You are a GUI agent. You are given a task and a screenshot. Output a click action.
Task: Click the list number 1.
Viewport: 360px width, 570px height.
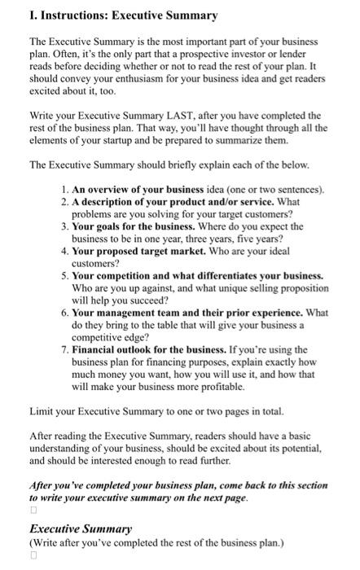(x=64, y=190)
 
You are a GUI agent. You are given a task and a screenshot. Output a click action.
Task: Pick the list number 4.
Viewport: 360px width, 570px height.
(x=64, y=251)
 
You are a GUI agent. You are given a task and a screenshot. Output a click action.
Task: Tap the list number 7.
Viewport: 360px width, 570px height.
(x=64, y=349)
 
